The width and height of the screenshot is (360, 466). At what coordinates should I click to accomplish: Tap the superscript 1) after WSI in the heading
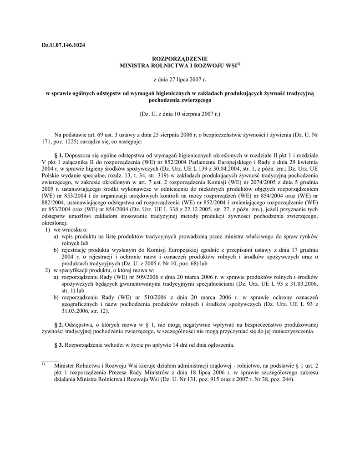238,64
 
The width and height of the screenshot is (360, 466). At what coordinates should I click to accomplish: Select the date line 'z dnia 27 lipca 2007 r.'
179,80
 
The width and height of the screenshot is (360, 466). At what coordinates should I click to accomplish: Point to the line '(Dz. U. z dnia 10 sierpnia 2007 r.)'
179,113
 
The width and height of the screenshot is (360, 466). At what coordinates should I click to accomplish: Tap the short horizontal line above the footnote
50,361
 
